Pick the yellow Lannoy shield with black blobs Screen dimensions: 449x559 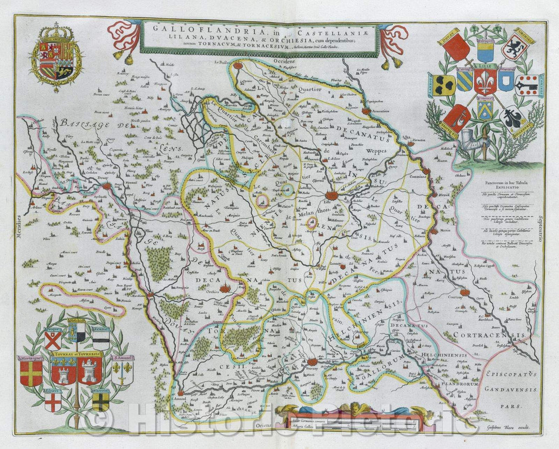pos(444,85)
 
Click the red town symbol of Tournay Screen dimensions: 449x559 pos(312,363)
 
